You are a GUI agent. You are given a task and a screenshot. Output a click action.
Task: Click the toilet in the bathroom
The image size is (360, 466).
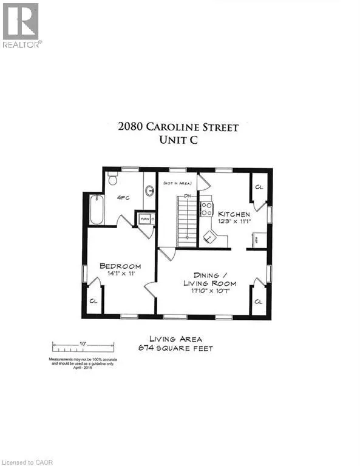pos(112,179)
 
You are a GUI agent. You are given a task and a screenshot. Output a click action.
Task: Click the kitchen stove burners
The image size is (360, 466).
pos(206,209)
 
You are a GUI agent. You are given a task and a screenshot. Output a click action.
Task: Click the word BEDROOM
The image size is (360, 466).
pos(120,266)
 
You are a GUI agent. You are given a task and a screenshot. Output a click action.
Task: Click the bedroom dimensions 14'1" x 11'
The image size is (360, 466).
pos(120,274)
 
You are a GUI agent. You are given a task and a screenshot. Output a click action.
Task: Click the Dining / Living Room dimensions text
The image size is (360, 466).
pos(211,291)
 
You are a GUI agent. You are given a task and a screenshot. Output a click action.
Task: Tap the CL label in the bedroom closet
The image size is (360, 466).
pos(93,300)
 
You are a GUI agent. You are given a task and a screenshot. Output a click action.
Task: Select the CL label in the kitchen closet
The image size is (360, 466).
pos(258,186)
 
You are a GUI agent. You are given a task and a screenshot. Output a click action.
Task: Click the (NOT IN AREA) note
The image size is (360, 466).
pos(177,181)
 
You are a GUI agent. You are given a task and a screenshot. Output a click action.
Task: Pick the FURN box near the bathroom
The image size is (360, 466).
pos(145,218)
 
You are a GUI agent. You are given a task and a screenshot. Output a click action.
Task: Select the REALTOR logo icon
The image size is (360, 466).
pos(21,22)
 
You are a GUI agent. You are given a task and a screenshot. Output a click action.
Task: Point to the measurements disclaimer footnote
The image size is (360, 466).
pos(83,362)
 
